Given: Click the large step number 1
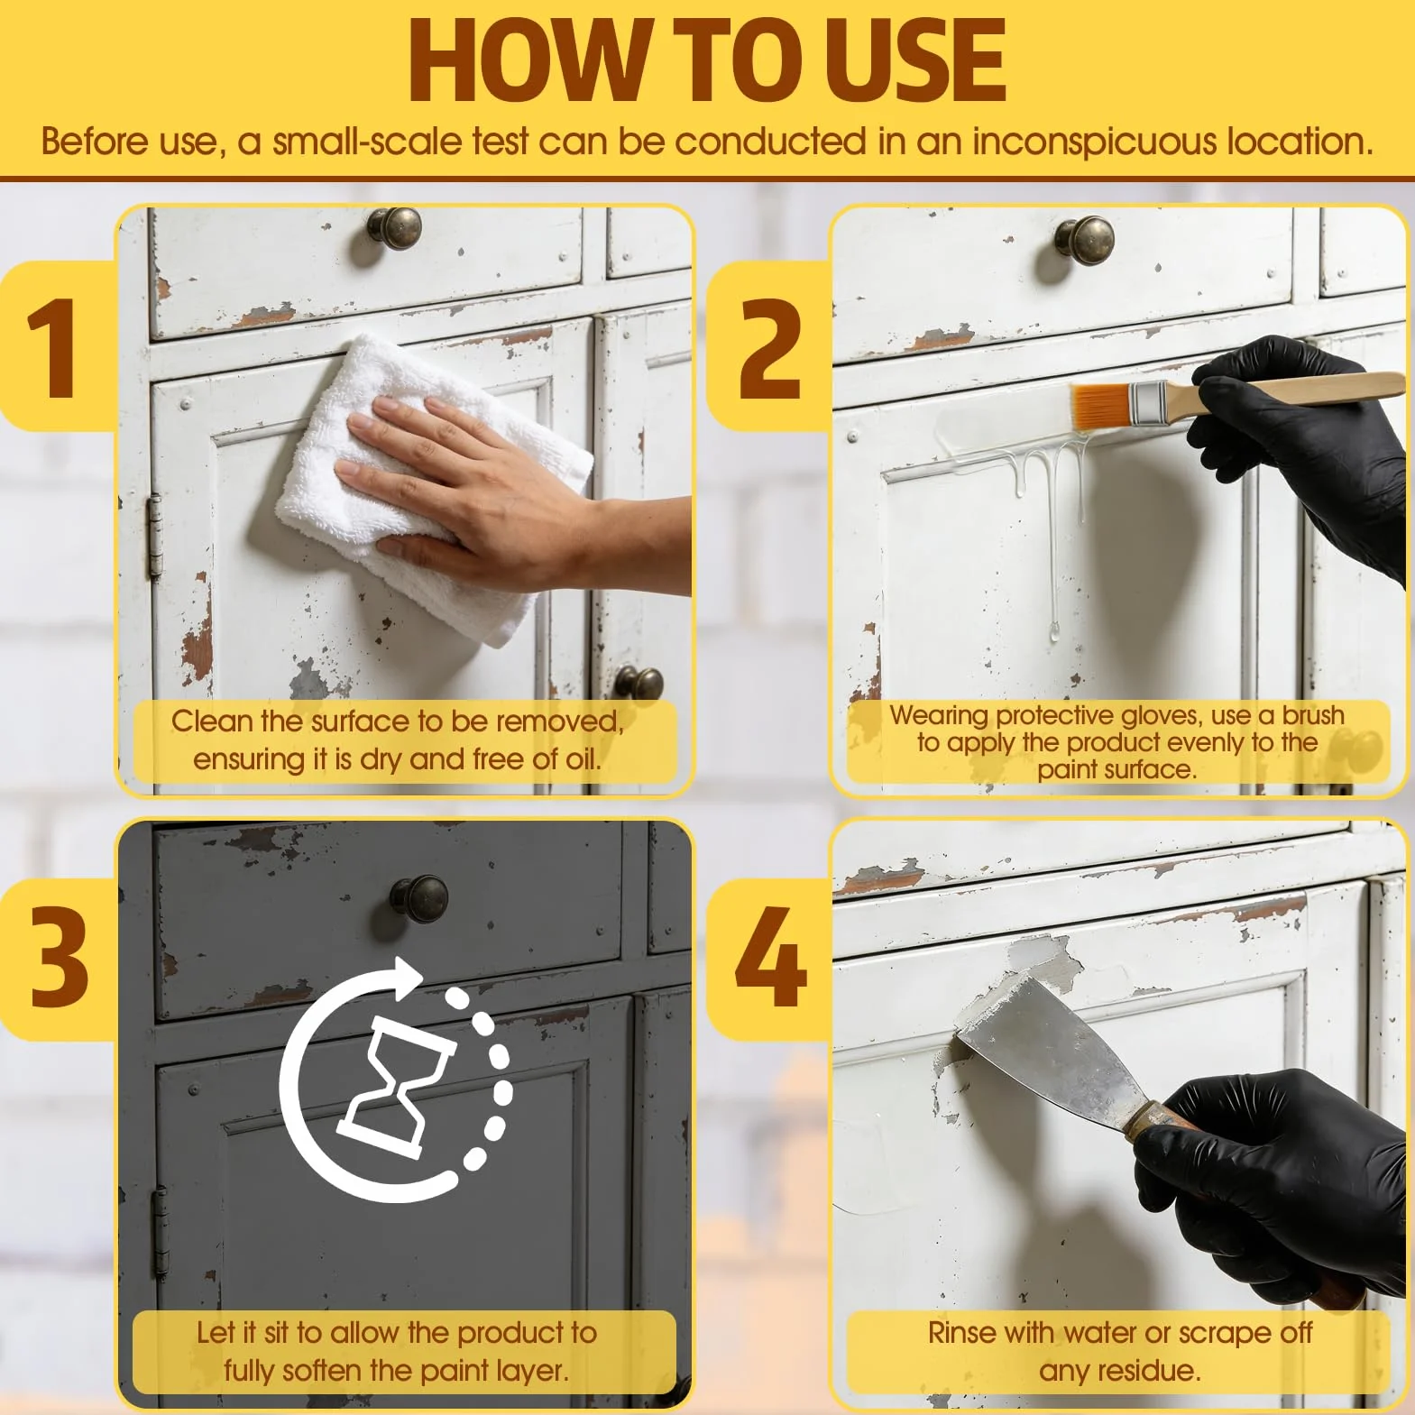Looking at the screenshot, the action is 52,347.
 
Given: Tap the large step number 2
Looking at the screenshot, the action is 769,347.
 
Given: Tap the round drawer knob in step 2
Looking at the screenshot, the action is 1085,240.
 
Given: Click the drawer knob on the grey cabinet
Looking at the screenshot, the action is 419,898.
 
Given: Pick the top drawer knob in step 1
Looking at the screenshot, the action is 394,229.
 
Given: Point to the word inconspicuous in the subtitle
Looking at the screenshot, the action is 1094,143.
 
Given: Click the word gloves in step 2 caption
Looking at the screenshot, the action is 1160,715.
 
